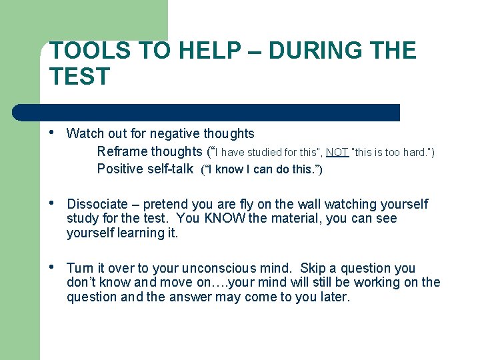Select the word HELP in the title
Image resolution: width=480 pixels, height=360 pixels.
pos(166,51)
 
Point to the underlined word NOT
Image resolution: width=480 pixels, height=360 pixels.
pos(337,153)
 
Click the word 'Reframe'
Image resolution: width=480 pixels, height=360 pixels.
pos(122,151)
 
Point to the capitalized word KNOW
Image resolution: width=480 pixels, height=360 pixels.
pos(225,219)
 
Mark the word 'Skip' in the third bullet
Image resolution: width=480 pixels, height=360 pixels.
pos(313,268)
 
